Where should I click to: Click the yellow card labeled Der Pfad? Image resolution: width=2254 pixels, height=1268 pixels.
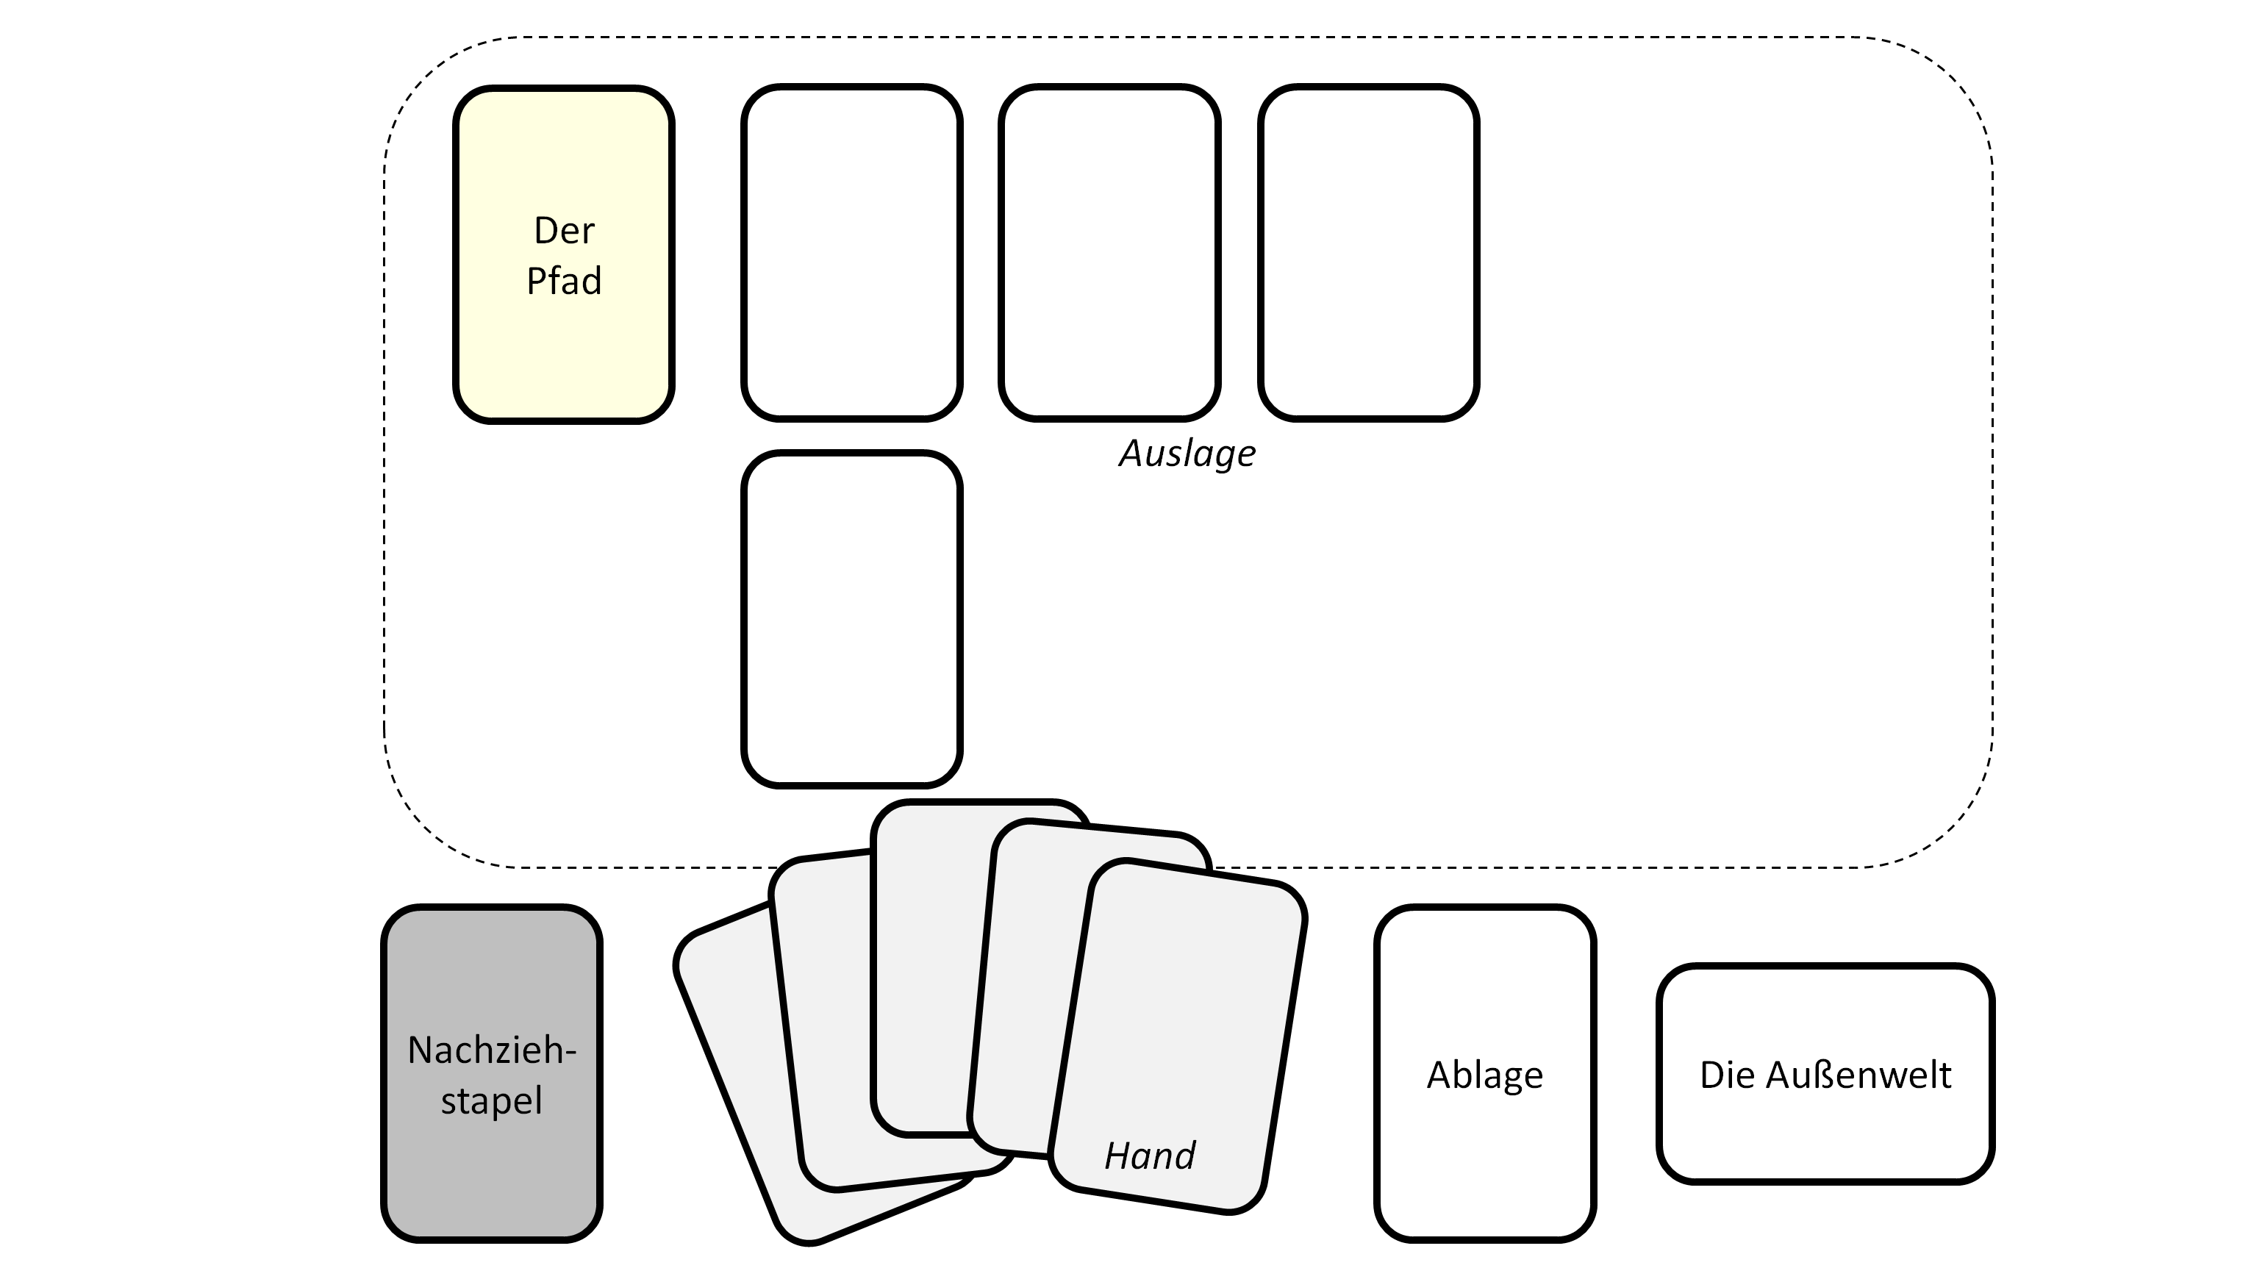click(x=563, y=350)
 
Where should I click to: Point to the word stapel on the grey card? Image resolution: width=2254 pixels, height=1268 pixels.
click(x=492, y=1100)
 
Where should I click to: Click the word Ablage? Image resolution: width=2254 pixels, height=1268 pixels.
click(x=1485, y=1075)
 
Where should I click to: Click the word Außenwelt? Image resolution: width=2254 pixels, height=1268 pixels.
click(x=1858, y=1075)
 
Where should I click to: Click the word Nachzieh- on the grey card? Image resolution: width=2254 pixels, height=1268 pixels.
click(x=492, y=1049)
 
